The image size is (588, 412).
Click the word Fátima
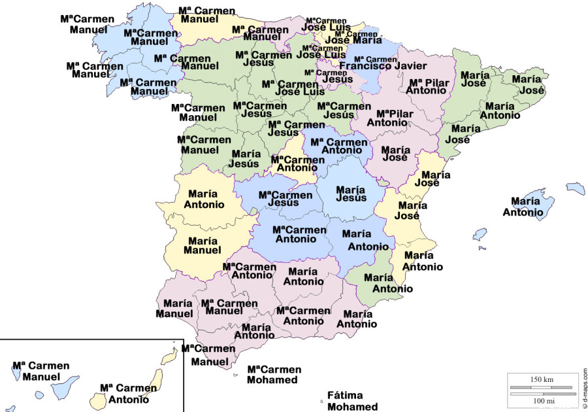(x=344, y=396)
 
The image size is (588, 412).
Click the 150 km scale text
(x=542, y=380)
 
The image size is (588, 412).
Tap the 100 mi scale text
(x=542, y=400)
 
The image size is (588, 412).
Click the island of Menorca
(x=576, y=188)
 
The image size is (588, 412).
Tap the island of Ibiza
(x=480, y=233)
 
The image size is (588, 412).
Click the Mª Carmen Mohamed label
(x=274, y=375)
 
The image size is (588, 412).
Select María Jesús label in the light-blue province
(x=350, y=194)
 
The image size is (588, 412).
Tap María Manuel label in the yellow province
(x=202, y=245)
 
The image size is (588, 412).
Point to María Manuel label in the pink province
(x=174, y=309)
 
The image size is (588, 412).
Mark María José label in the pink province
(x=395, y=154)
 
